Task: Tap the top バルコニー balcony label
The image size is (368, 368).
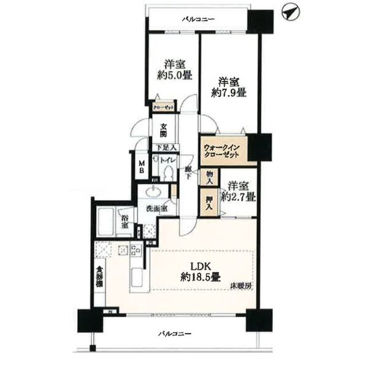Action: pyautogui.click(x=197, y=20)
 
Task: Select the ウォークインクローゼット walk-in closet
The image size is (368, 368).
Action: pyautogui.click(x=225, y=151)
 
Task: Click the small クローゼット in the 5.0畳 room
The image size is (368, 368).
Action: pyautogui.click(x=164, y=107)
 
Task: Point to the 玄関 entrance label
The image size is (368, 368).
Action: pyautogui.click(x=164, y=131)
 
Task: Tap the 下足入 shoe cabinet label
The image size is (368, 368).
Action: pyautogui.click(x=164, y=147)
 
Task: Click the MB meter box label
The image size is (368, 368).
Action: pyautogui.click(x=141, y=166)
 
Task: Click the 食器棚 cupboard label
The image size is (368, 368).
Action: pyautogui.click(x=99, y=279)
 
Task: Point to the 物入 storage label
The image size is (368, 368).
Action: pyautogui.click(x=210, y=177)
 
